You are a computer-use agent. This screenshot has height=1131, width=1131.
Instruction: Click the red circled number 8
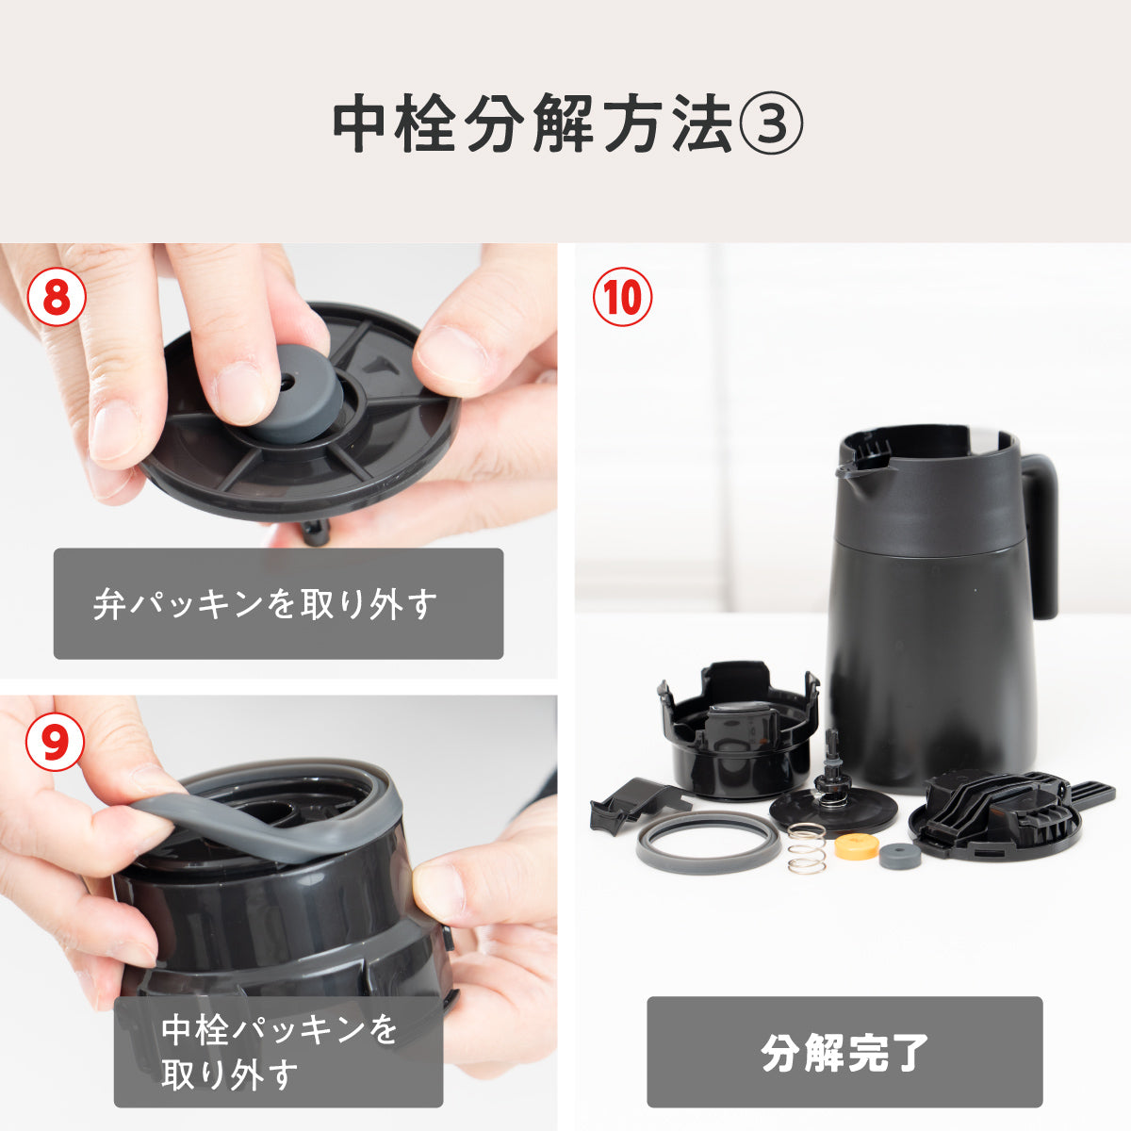[x=57, y=298]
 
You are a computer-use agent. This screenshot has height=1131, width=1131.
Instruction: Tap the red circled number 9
[x=56, y=742]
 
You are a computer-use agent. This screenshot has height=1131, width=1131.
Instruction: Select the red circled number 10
[x=622, y=298]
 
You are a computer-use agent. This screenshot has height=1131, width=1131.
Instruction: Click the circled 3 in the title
[x=769, y=125]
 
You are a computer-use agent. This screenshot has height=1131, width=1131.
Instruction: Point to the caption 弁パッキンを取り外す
[x=265, y=604]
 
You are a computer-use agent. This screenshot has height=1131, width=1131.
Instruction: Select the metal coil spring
[x=807, y=848]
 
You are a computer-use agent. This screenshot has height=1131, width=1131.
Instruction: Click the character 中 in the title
[x=362, y=125]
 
